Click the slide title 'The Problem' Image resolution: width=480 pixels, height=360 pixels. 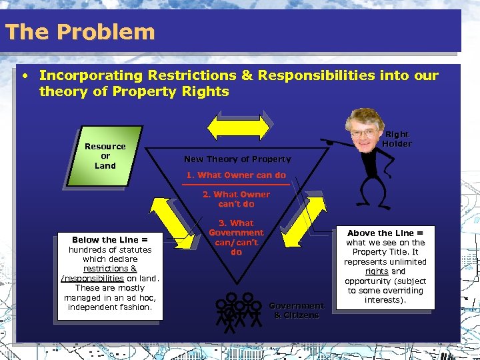pyautogui.click(x=79, y=32)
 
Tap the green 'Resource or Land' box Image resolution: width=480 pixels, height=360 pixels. pyautogui.click(x=105, y=156)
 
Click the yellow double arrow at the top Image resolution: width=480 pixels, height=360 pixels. pyautogui.click(x=237, y=127)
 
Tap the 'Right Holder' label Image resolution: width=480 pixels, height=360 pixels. pyautogui.click(x=397, y=139)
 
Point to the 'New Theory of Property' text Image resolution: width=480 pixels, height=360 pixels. pyautogui.click(x=237, y=159)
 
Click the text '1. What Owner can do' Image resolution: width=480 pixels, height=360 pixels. pyautogui.click(x=236, y=175)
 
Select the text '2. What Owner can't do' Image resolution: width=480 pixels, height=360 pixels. pyautogui.click(x=237, y=199)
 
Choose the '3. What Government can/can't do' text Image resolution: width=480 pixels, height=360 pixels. pyautogui.click(x=237, y=237)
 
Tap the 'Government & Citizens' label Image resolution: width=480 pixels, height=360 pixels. pyautogui.click(x=297, y=310)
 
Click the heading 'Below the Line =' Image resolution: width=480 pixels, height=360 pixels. pyautogui.click(x=110, y=239)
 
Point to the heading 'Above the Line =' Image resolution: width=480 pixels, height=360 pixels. pyautogui.click(x=385, y=233)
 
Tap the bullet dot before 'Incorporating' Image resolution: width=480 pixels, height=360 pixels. pyautogui.click(x=25, y=75)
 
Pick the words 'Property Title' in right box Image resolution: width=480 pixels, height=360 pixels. pyautogui.click(x=385, y=252)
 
